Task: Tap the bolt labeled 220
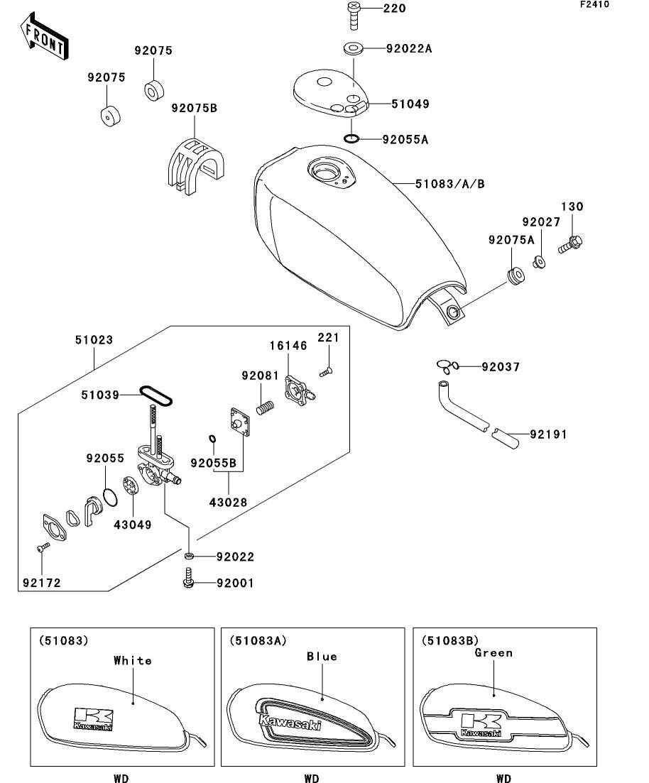click(x=353, y=14)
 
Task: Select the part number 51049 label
click(x=410, y=104)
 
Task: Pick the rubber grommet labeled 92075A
click(x=514, y=274)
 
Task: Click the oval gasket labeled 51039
click(x=156, y=395)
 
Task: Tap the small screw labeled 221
click(x=326, y=370)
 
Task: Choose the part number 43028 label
click(x=229, y=503)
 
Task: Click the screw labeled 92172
click(x=41, y=548)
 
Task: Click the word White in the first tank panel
click(x=133, y=661)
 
